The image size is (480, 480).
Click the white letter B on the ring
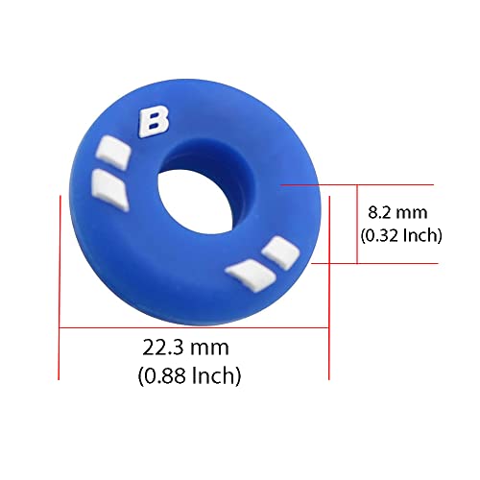[153, 123]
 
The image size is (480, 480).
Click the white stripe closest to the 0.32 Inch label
[280, 251]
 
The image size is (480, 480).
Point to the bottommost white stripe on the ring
[246, 276]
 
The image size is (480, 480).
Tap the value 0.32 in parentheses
[382, 233]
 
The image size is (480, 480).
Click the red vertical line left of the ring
[60, 288]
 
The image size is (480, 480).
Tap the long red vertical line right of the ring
[329, 288]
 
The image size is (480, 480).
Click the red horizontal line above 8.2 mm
[365, 184]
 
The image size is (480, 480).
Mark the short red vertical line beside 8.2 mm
[357, 224]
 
